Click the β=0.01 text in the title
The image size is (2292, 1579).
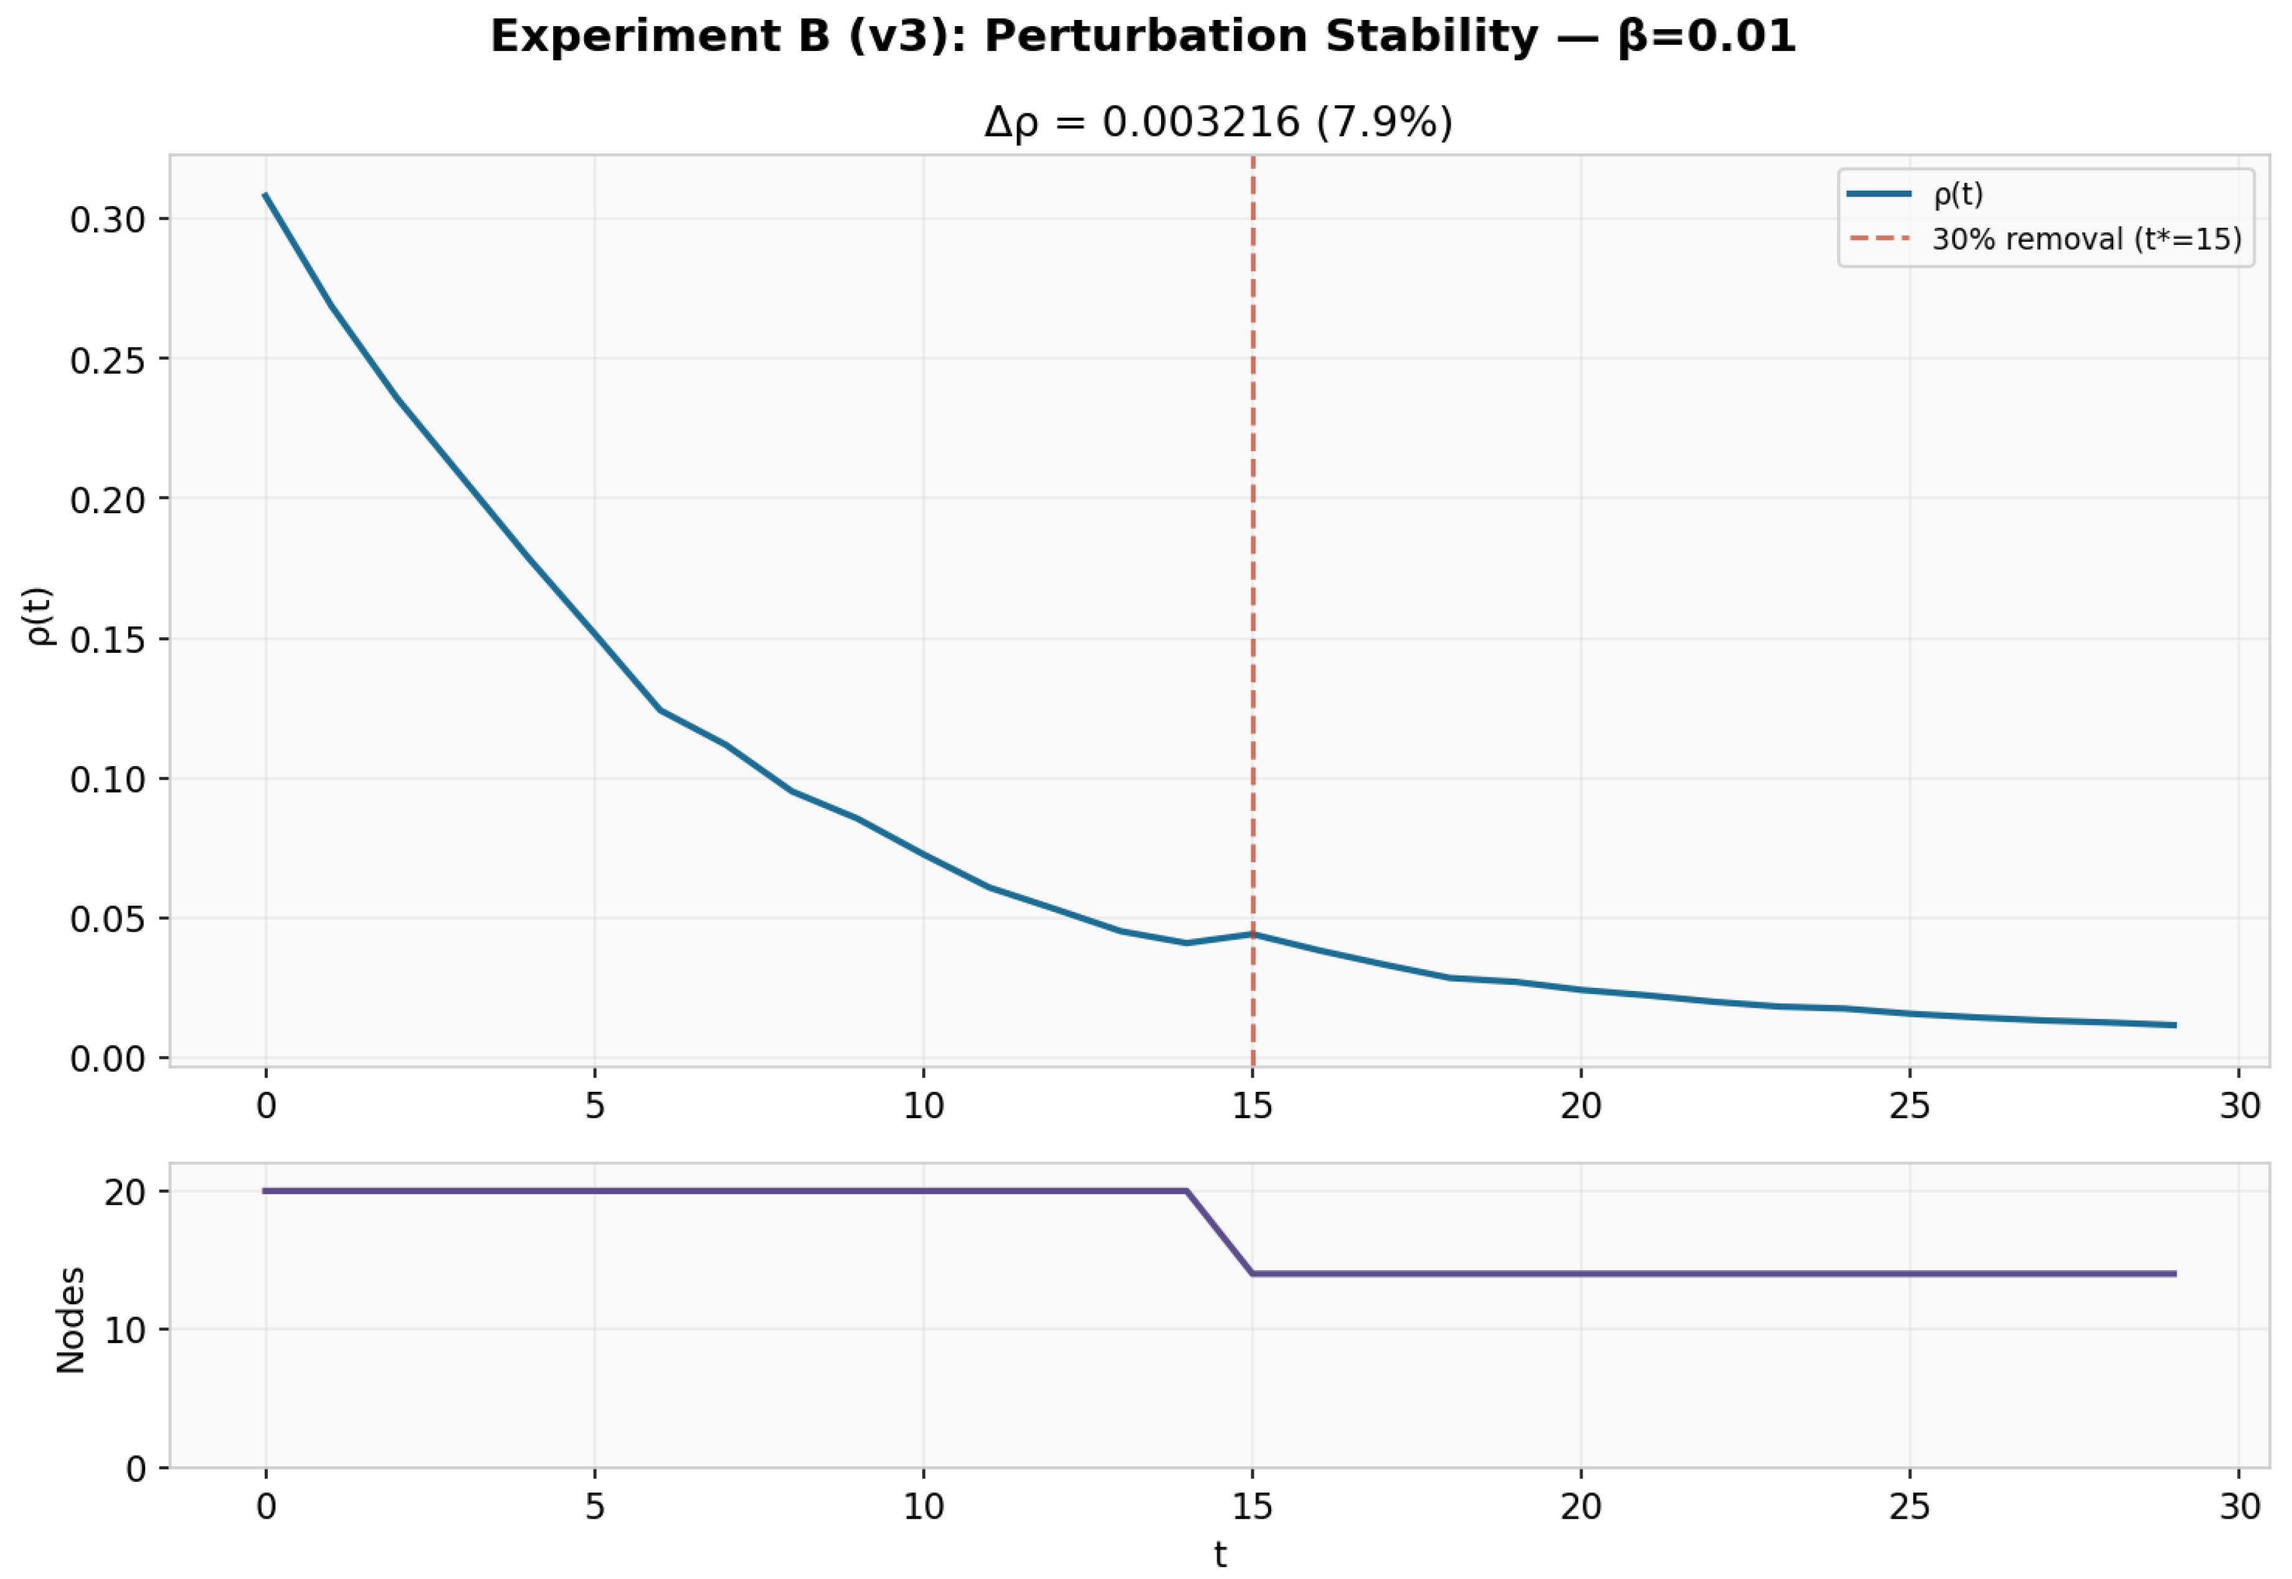[x=1707, y=37]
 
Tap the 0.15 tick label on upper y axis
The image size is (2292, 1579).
[x=107, y=639]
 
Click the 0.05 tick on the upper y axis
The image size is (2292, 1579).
[x=107, y=919]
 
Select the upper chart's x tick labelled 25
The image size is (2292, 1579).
[x=1909, y=1105]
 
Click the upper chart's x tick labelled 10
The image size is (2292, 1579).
[x=923, y=1105]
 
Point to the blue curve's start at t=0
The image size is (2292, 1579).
[x=265, y=195]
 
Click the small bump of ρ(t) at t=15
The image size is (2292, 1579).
[x=1253, y=933]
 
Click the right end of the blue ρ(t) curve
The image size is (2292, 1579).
[x=2173, y=1025]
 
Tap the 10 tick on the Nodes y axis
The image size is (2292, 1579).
[x=124, y=1330]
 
